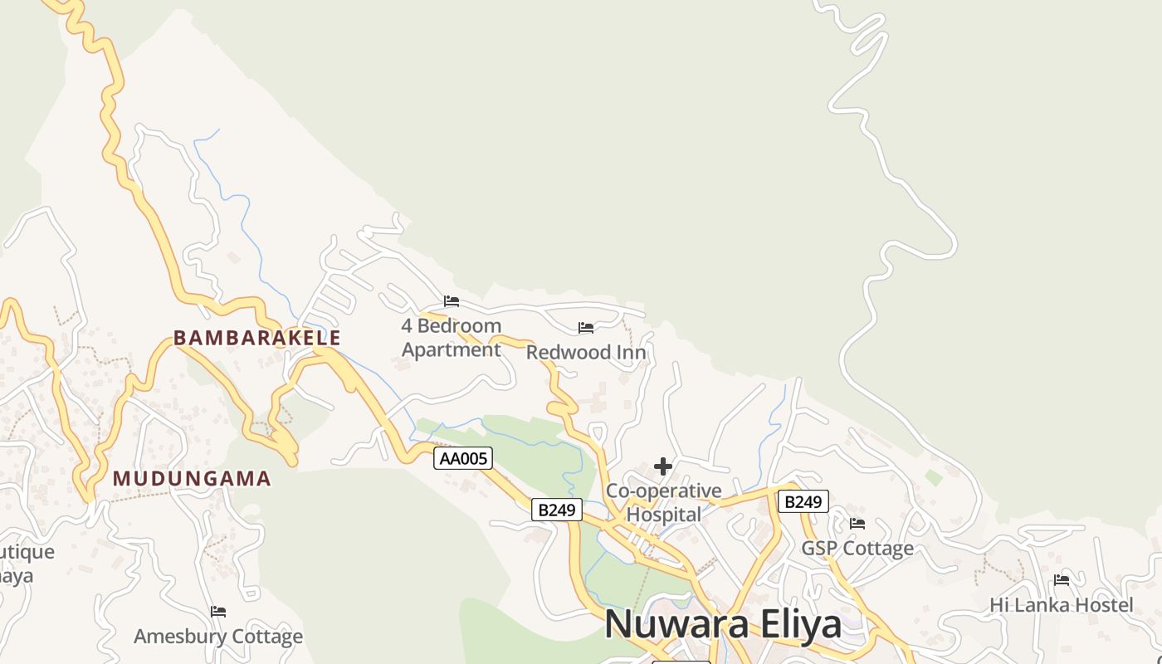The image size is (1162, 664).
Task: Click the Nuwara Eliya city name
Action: (x=723, y=624)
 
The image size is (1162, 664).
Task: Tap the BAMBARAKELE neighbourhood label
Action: (x=256, y=338)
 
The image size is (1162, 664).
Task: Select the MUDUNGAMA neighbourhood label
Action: (x=192, y=479)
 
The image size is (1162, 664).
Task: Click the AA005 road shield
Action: (x=463, y=458)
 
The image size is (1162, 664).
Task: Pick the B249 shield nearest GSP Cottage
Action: (x=803, y=501)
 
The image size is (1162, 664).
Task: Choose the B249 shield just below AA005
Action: (x=556, y=510)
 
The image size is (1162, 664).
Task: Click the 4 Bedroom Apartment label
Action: (x=452, y=338)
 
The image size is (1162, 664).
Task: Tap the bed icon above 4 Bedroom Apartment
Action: (x=452, y=300)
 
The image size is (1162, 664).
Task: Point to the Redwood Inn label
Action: (x=586, y=352)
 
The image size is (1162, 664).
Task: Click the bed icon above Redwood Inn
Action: (x=586, y=328)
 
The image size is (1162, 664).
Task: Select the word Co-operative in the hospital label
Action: (x=663, y=491)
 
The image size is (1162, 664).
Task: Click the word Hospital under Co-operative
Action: (x=663, y=515)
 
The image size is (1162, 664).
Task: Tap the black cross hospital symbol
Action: (x=662, y=466)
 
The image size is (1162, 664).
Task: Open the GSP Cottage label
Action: (x=857, y=549)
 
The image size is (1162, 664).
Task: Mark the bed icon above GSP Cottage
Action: (x=857, y=524)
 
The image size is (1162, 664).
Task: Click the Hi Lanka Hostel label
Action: (x=1061, y=605)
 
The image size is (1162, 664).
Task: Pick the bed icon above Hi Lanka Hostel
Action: (x=1062, y=580)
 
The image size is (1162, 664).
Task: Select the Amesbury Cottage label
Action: (x=218, y=637)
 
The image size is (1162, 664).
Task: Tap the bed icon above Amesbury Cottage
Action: (x=218, y=612)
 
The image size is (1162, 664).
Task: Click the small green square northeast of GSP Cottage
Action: (x=934, y=477)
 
